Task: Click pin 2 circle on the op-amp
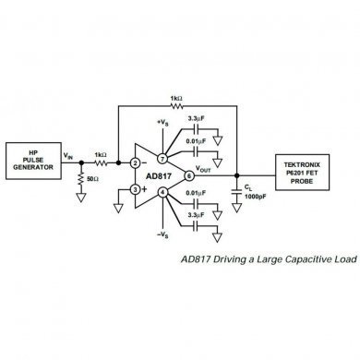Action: tap(135, 162)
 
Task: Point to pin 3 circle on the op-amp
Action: tap(135, 188)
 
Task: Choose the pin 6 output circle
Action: tap(189, 175)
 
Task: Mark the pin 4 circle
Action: tap(162, 192)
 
